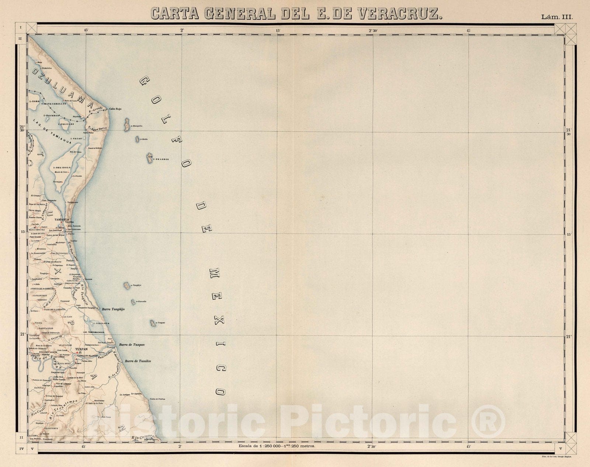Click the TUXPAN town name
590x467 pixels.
point(80,349)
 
